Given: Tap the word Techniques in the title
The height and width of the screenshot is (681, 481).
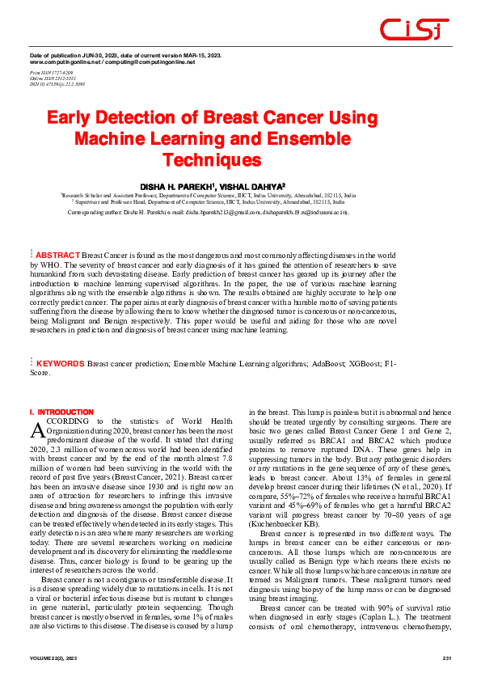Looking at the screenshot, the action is tap(213, 159).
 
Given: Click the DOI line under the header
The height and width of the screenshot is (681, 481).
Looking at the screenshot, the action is tap(57, 83).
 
